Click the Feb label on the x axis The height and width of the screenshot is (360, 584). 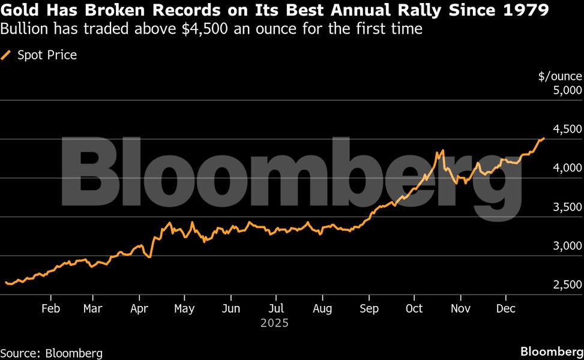tap(50, 308)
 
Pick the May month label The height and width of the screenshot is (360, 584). tap(184, 308)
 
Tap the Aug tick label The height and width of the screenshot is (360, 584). tap(322, 308)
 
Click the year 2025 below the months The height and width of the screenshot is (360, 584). tap(275, 323)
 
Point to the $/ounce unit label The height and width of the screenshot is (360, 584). tap(560, 76)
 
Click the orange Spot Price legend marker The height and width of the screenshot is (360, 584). tap(7, 55)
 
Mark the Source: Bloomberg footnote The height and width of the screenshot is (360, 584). tap(52, 353)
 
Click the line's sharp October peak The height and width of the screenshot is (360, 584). tap(442, 150)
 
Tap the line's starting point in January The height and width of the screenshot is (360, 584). tap(5, 282)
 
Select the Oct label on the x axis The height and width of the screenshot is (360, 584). tap(414, 308)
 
